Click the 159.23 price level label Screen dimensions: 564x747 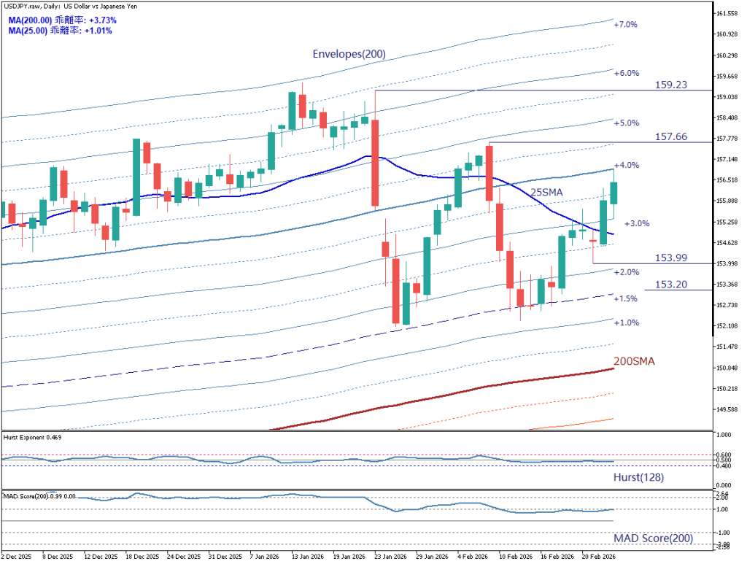pos(670,85)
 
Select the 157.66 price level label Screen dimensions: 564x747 pos(670,136)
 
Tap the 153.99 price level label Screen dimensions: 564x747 pos(671,258)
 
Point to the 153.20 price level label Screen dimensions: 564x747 pos(670,285)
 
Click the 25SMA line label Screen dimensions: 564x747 pos(546,192)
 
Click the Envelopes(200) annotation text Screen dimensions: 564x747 pos(349,54)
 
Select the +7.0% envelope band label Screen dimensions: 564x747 pos(625,25)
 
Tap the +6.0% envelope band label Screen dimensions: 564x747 pos(626,74)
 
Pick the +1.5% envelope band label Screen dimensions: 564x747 pos(625,299)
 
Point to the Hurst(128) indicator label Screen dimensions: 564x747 pos(638,477)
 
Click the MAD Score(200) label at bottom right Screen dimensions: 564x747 pos(652,538)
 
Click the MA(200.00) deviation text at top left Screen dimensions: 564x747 pos(62,20)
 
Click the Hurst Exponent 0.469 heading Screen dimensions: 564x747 pos(32,438)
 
